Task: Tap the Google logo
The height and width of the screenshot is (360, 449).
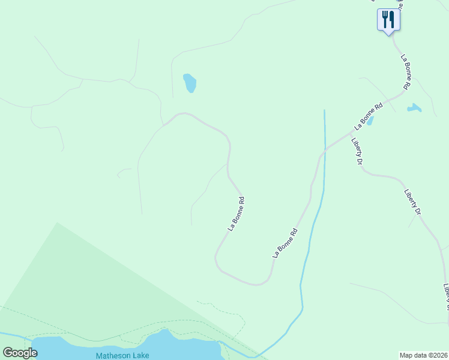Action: click(20, 353)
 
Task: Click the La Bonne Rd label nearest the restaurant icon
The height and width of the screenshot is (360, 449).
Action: click(406, 73)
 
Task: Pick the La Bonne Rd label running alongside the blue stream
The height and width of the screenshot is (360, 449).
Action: click(285, 243)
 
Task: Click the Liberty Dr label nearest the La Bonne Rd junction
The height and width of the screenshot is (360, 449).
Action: click(358, 152)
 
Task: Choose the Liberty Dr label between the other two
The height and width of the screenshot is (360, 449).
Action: click(412, 203)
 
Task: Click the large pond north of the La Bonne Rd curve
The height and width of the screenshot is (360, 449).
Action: click(190, 83)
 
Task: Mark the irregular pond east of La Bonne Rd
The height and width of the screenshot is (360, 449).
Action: click(414, 109)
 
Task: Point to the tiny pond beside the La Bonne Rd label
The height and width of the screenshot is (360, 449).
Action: click(370, 121)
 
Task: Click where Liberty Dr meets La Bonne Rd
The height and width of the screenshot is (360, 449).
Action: click(351, 136)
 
